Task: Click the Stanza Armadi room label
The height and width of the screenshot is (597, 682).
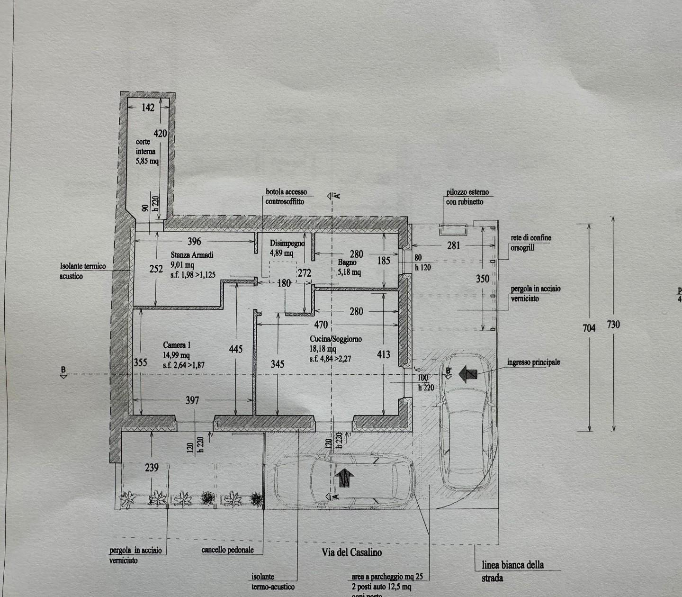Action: (192, 255)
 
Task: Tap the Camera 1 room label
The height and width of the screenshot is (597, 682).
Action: (177, 345)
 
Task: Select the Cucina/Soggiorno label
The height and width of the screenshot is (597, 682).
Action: (336, 339)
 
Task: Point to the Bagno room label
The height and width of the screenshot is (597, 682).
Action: (347, 262)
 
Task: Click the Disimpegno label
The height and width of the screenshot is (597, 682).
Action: (287, 243)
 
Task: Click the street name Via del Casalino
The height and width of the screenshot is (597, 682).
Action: (351, 552)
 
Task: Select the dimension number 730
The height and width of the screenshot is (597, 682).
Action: (613, 325)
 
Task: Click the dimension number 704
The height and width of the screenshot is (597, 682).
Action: (589, 327)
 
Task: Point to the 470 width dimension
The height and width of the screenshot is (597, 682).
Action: (321, 325)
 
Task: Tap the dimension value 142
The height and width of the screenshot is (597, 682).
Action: (148, 108)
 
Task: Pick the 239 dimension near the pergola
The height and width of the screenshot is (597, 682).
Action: (152, 468)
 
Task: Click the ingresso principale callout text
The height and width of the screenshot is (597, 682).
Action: (533, 362)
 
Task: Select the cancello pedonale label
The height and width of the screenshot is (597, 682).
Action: (227, 550)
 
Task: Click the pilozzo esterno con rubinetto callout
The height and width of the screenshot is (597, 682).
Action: (467, 197)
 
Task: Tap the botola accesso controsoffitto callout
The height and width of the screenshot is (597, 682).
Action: (286, 197)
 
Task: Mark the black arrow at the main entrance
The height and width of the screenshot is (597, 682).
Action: (468, 374)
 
